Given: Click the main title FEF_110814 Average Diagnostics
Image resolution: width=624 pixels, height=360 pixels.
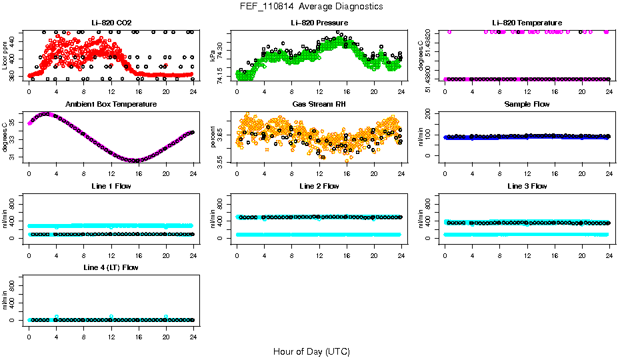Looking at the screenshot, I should [x=312, y=6].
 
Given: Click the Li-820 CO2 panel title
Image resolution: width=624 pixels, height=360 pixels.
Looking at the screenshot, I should [x=111, y=23].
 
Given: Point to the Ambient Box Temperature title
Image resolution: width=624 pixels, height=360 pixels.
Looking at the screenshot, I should [x=111, y=105].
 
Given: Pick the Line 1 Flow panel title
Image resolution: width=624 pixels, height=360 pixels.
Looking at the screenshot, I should [x=111, y=186].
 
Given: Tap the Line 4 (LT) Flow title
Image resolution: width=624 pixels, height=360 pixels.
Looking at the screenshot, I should [x=111, y=267].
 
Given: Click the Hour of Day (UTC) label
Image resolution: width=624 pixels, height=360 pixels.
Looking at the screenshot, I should [x=311, y=351].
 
